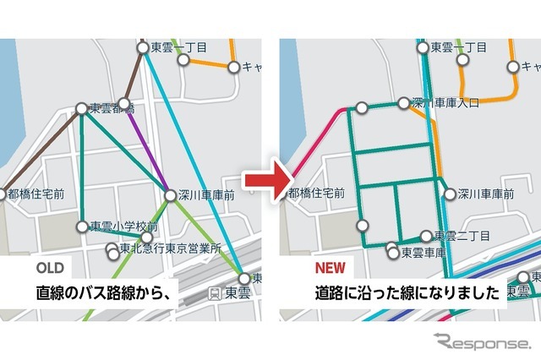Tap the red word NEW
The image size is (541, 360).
[x=330, y=269]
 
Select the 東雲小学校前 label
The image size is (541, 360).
[x=124, y=226]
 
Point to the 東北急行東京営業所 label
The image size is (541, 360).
[x=170, y=249]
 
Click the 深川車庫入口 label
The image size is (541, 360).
[x=445, y=102]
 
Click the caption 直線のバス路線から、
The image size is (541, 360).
[x=104, y=294]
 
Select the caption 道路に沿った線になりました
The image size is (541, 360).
[x=394, y=294]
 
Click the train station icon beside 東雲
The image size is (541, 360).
[x=216, y=293]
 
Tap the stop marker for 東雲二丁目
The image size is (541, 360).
[x=426, y=236]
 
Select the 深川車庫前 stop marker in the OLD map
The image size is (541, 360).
[x=171, y=195]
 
